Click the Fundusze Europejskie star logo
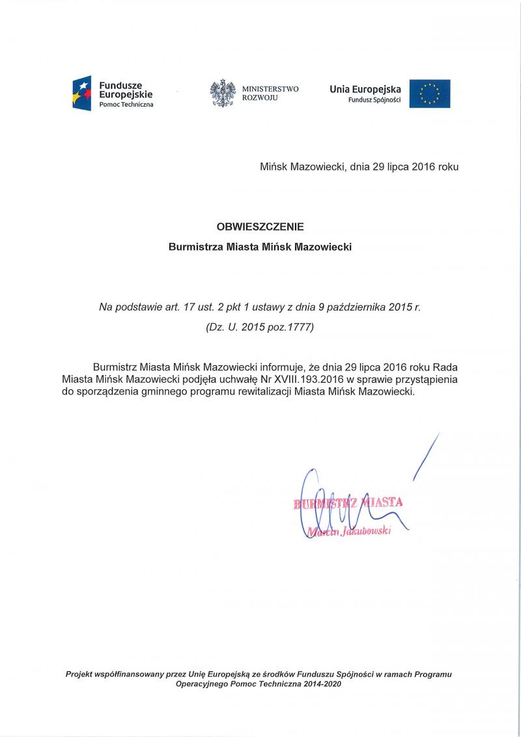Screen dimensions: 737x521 [x=82, y=92]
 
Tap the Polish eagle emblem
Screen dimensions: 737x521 [x=223, y=93]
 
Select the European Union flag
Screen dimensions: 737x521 [x=430, y=93]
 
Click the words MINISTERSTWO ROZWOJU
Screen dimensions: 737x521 [x=270, y=93]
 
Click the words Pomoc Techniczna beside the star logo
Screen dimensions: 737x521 [x=126, y=105]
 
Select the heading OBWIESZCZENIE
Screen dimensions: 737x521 [x=260, y=227]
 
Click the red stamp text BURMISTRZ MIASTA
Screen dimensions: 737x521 [x=348, y=503]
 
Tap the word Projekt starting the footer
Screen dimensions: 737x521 [x=81, y=674]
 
